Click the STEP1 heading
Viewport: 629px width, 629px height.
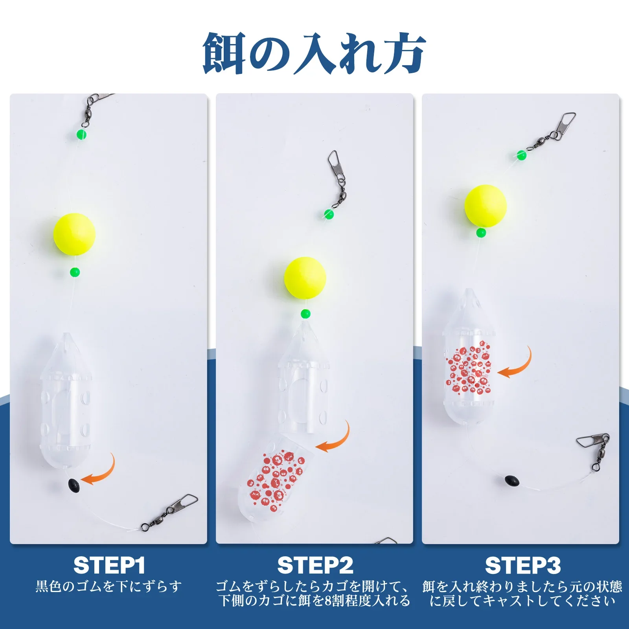pyautogui.click(x=109, y=565)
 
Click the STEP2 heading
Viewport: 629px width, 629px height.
pyautogui.click(x=315, y=565)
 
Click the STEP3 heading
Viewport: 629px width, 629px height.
pyautogui.click(x=522, y=565)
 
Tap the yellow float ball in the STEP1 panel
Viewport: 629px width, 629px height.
pyautogui.click(x=74, y=234)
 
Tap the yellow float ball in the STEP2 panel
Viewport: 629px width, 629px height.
pyautogui.click(x=305, y=278)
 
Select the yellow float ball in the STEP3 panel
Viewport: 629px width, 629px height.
pyautogui.click(x=485, y=206)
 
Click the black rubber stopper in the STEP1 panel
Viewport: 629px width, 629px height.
pyautogui.click(x=74, y=483)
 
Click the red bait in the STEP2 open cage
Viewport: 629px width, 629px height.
pyautogui.click(x=275, y=479)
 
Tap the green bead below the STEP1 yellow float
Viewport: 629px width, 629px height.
pyautogui.click(x=75, y=272)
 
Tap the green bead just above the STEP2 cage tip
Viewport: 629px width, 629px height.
pyautogui.click(x=305, y=314)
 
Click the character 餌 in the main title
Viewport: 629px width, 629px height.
pyautogui.click(x=224, y=53)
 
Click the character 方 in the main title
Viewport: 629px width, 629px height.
pyautogui.click(x=405, y=53)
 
